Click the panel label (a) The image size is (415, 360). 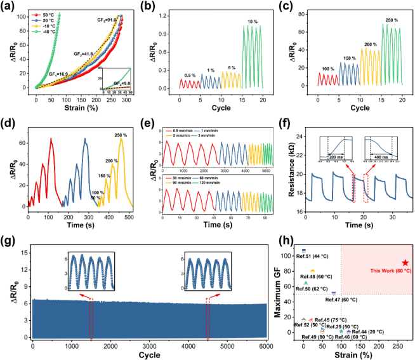[x=10, y=6]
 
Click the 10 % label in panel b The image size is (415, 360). [x=253, y=22]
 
